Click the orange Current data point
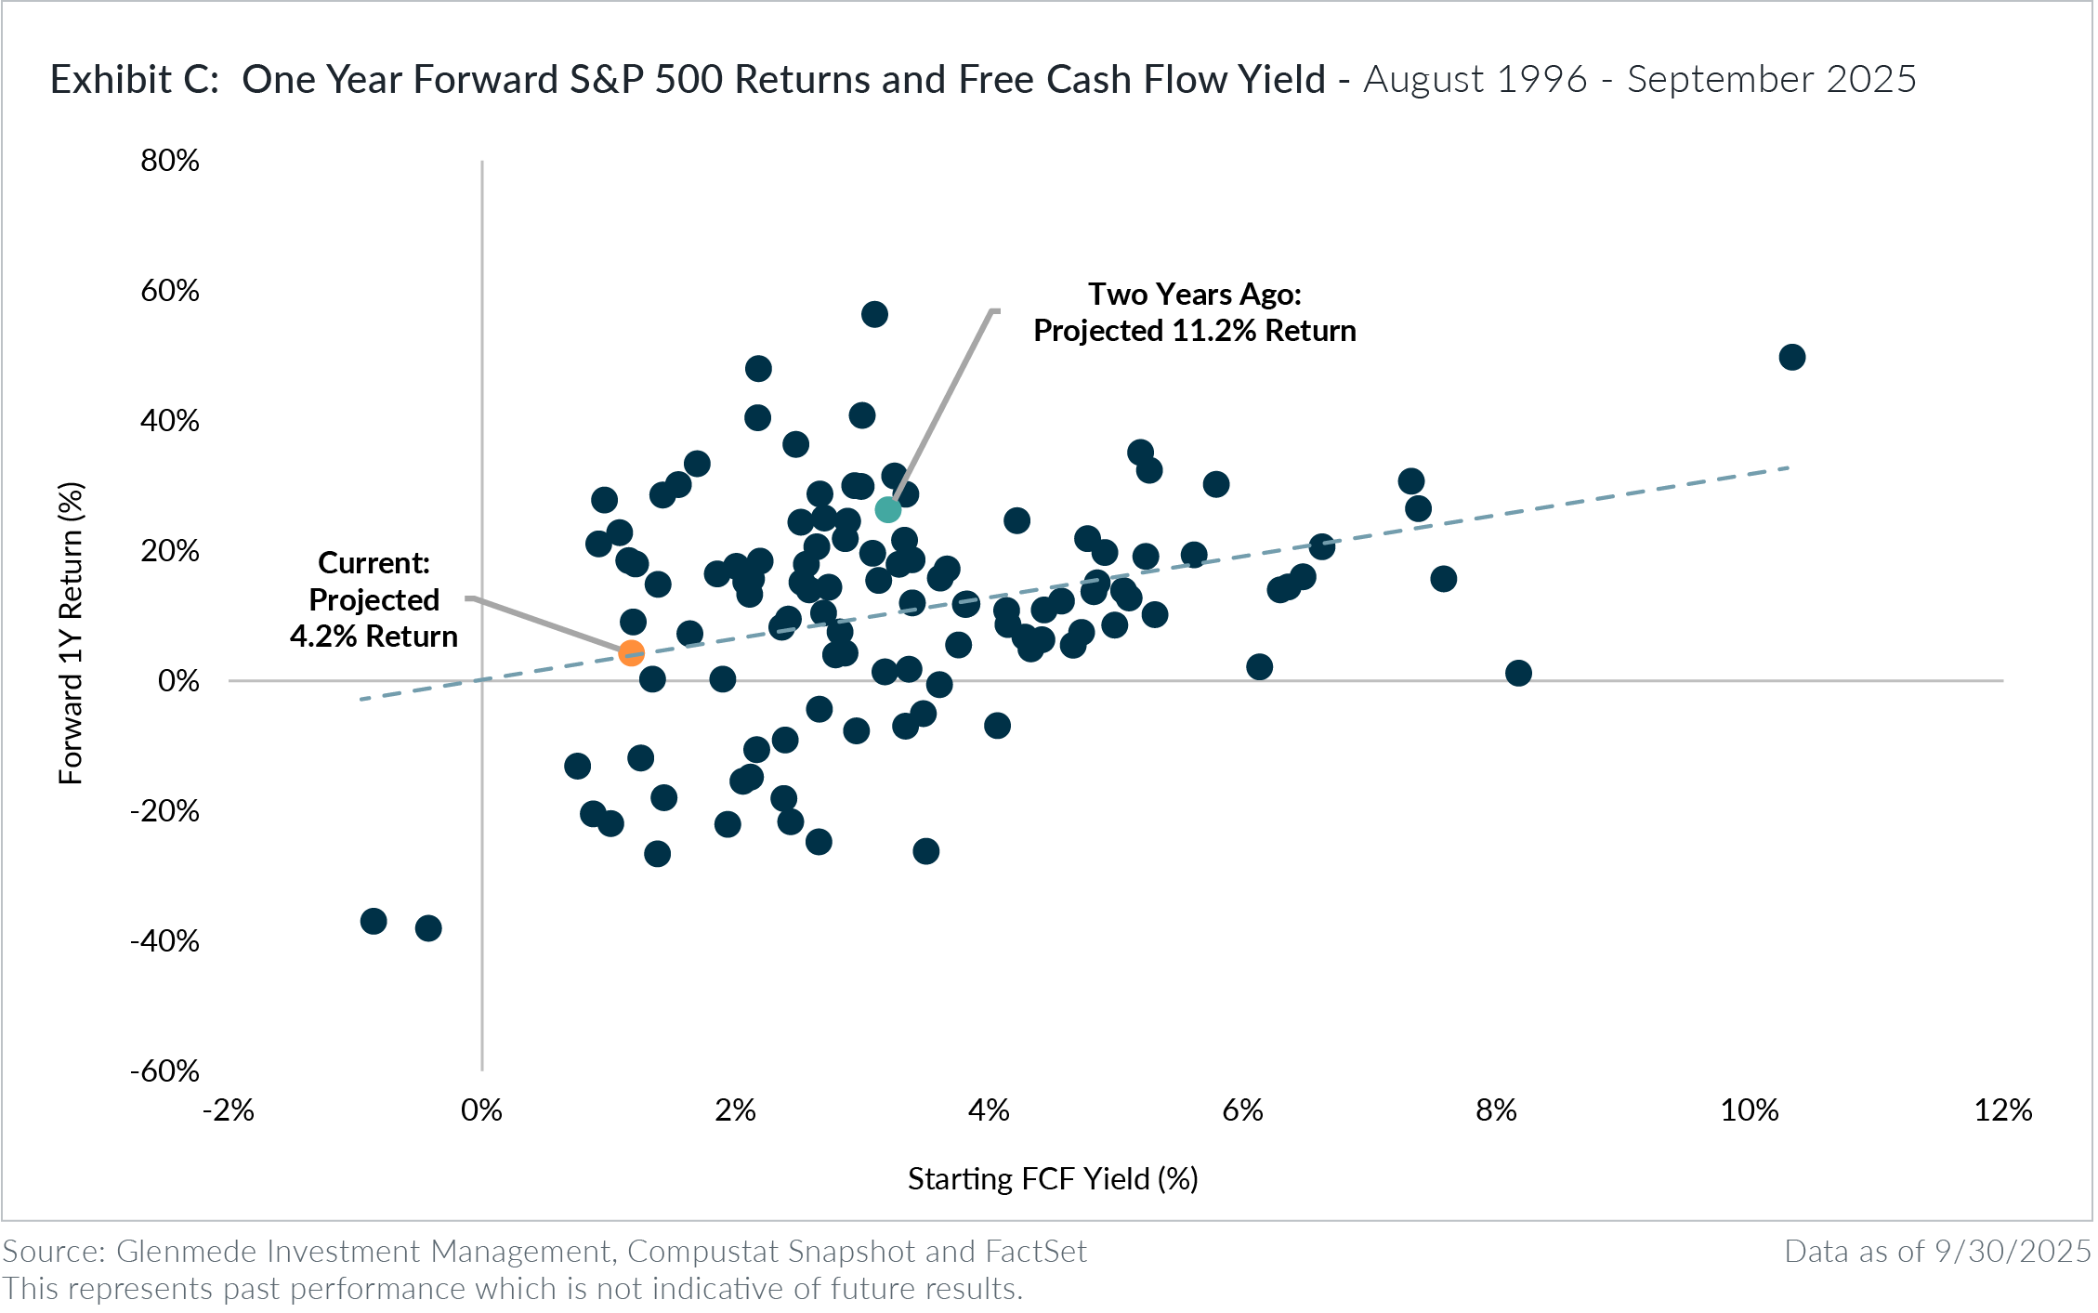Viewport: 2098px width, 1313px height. [631, 653]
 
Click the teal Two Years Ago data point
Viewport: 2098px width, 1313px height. [887, 510]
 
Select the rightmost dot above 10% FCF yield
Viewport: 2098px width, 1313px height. [1791, 357]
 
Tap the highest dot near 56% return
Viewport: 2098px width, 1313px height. [873, 314]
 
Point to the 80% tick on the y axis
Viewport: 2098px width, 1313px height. [170, 161]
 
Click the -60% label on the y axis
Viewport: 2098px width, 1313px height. [165, 1071]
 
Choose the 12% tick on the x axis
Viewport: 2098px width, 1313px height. [2003, 1109]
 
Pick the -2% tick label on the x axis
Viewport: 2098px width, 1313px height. [229, 1109]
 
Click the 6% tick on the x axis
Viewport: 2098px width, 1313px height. [1242, 1109]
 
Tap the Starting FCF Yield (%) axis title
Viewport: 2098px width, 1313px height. [1053, 1178]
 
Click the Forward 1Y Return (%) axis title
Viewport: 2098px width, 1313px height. [72, 633]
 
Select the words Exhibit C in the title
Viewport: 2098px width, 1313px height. [133, 80]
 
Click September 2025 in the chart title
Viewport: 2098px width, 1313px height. [1771, 80]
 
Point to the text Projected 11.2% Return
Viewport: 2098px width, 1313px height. [1194, 331]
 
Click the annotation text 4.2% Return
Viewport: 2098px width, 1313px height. [374, 637]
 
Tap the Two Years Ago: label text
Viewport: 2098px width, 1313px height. [1194, 295]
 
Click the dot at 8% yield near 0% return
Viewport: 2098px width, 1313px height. [1517, 673]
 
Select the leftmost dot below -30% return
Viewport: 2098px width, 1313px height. [374, 922]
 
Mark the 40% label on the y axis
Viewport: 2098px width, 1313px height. [170, 421]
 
